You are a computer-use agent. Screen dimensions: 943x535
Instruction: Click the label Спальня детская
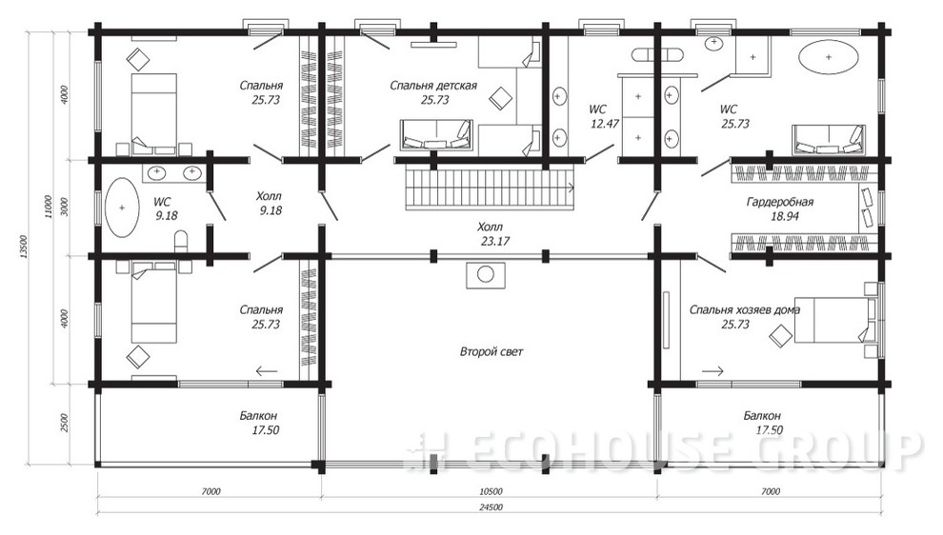click(x=433, y=86)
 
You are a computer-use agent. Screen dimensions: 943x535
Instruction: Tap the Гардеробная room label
click(x=779, y=202)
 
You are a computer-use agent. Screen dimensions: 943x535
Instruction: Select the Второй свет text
click(x=492, y=351)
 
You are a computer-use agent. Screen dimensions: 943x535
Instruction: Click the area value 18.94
click(x=784, y=216)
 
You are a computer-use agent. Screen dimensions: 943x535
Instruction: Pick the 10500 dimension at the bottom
click(x=492, y=491)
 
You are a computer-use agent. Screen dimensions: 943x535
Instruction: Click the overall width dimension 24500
click(x=491, y=507)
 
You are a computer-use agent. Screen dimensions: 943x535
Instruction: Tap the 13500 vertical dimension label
click(x=24, y=247)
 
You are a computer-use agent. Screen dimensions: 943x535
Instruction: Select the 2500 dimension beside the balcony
click(x=65, y=422)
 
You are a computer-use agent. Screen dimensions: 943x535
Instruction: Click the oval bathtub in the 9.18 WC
click(x=122, y=208)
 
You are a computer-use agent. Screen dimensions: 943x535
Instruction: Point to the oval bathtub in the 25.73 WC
click(x=828, y=58)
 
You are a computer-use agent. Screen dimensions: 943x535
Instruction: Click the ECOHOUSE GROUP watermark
click(x=664, y=449)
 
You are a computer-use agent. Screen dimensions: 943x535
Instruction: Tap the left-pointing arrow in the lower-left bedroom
click(x=267, y=371)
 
